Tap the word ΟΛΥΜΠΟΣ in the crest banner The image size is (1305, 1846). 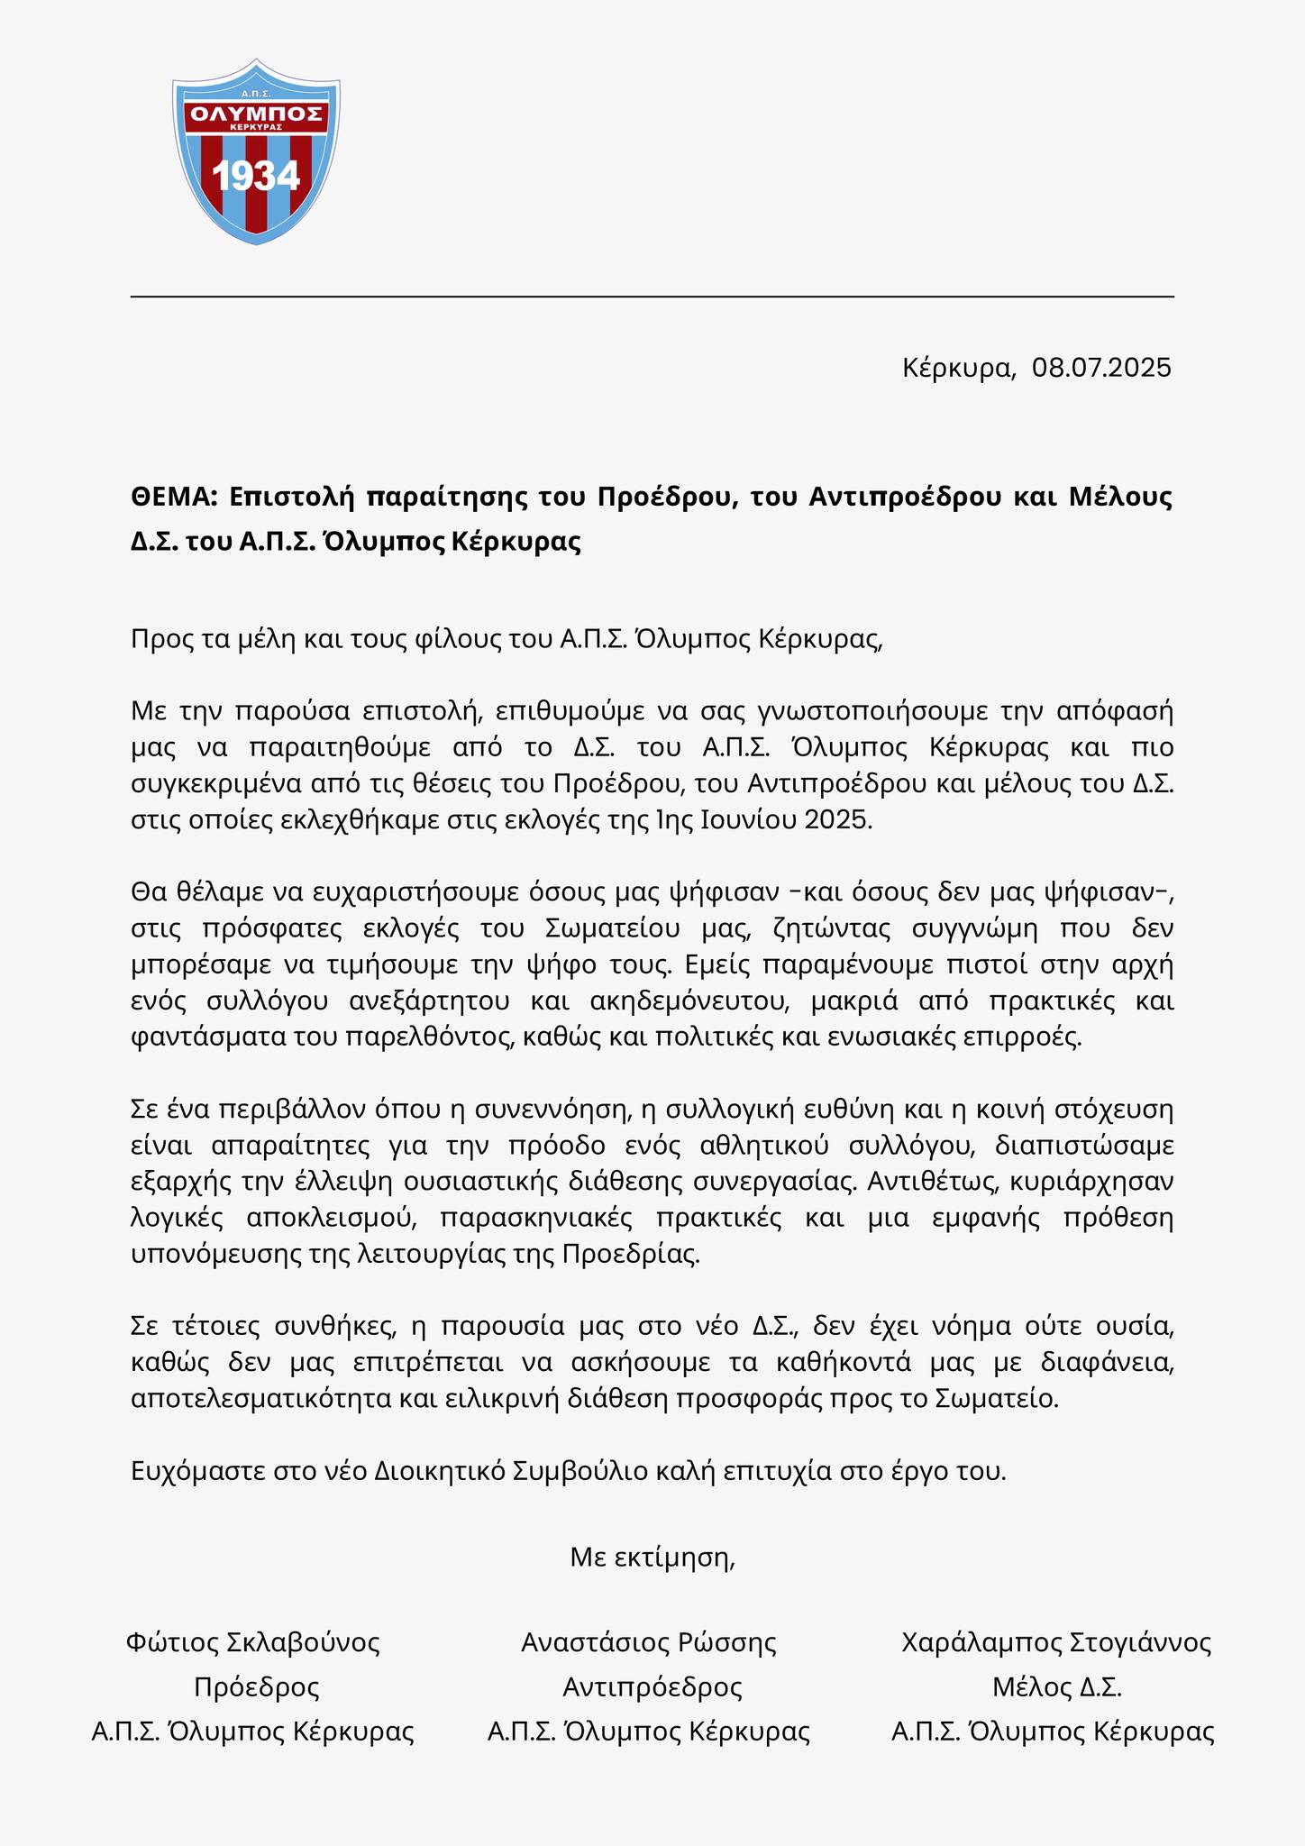click(256, 114)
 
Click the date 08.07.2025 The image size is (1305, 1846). click(1101, 368)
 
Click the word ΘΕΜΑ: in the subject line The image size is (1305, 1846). click(174, 497)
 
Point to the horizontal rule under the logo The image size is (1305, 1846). click(652, 297)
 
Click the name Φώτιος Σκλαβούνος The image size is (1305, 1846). click(253, 1642)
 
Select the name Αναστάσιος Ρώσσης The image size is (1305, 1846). click(649, 1642)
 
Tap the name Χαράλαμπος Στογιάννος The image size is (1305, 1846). click(1056, 1642)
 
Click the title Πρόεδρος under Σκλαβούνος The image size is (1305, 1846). click(257, 1686)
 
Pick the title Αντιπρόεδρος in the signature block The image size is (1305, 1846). click(652, 1686)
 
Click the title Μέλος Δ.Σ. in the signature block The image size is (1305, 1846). click(1056, 1686)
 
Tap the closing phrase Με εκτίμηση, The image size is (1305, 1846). click(652, 1557)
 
